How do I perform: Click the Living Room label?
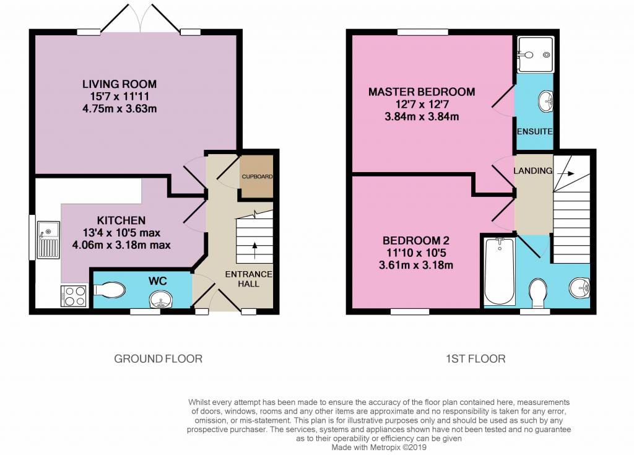tap(119, 84)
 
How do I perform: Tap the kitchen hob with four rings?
tap(74, 296)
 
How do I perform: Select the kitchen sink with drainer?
tap(48, 240)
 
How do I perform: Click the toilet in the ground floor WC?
tap(109, 290)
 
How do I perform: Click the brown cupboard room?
tap(256, 176)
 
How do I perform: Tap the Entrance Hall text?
tap(249, 279)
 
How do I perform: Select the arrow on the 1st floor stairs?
tap(568, 174)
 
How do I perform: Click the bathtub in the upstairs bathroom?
tap(500, 271)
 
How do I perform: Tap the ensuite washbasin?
tap(545, 101)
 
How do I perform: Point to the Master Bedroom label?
tap(422, 92)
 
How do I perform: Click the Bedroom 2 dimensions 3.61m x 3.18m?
tap(415, 266)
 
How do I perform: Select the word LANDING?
tap(533, 171)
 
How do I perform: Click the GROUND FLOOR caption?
tap(158, 359)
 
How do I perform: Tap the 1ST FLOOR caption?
tap(475, 359)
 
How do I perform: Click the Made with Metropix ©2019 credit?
tap(379, 448)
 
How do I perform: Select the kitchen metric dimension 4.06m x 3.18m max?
tap(121, 245)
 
